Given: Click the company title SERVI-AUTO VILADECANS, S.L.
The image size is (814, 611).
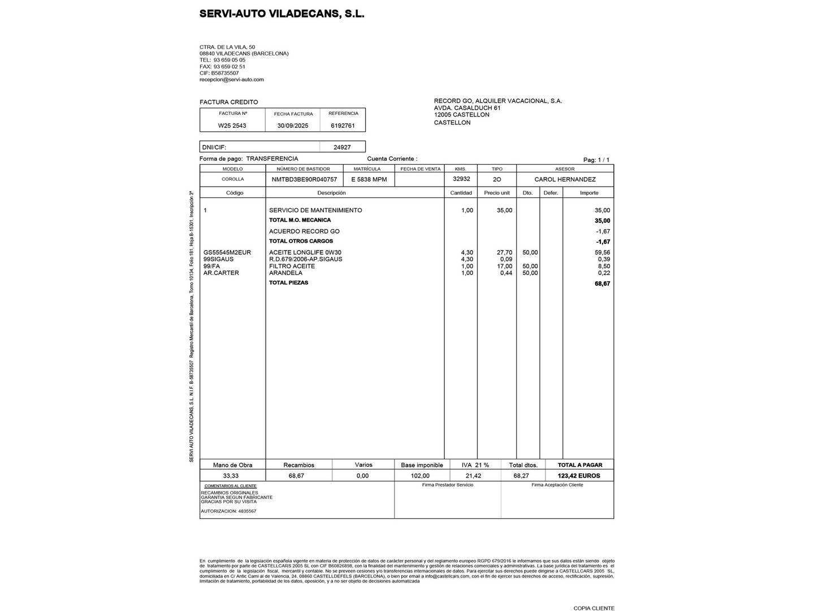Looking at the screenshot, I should pos(282,14).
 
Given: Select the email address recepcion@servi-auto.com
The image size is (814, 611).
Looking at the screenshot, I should pos(231,80).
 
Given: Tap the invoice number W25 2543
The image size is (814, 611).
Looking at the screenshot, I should pos(232,126).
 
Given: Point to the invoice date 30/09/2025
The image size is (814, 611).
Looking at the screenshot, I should pos(293,126).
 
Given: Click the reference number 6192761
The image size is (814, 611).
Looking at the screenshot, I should pos(343,126).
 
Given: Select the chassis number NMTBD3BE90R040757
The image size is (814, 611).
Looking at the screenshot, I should pos(304,179).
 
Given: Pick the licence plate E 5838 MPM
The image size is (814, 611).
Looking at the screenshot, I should pos(369,179).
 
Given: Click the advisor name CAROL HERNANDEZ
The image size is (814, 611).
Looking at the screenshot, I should pos(565,179).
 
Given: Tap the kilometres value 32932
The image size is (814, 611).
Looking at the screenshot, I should pos(461,179).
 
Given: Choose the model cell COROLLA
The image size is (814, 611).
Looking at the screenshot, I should pos(233,179).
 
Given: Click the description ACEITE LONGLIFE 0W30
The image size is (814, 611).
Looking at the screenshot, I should pos(305,252).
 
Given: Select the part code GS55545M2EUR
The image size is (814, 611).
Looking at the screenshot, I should pos(227,252).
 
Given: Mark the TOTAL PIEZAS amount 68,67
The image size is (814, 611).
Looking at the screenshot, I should pos(602,283).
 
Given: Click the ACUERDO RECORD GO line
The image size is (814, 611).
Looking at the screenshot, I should pos(304,231).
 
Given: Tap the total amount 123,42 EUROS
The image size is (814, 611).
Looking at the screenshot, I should pos(579,476).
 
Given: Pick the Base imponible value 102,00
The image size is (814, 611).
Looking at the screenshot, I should pos(419,476).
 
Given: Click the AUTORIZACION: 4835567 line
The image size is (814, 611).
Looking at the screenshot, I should pos(228,511).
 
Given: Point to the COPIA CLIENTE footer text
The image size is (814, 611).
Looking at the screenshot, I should pos(594,608).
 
